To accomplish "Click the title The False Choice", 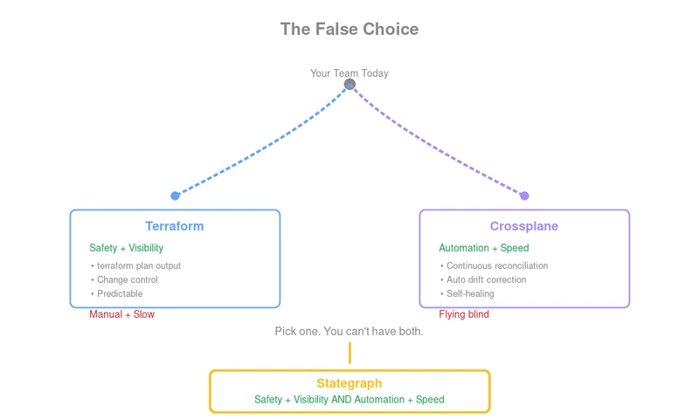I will (x=349, y=29).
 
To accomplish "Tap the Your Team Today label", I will (x=349, y=73).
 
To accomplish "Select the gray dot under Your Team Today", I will (x=349, y=85).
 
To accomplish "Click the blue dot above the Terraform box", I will (x=175, y=196).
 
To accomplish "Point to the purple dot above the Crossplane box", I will (x=524, y=196).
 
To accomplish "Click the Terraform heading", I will (x=175, y=226).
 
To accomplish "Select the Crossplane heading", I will (x=524, y=226).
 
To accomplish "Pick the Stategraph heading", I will (x=349, y=383).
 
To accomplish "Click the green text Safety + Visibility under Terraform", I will (x=126, y=248).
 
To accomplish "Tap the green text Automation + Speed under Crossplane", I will (x=484, y=248).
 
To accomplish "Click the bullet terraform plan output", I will (x=139, y=265).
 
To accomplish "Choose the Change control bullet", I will (x=128, y=279).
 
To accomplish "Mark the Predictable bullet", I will (x=120, y=293).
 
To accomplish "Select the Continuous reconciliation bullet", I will (x=497, y=265).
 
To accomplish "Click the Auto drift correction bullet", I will (x=487, y=279).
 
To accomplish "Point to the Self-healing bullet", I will (x=470, y=293).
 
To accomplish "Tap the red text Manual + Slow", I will (x=121, y=314).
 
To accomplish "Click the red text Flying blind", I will (x=464, y=314).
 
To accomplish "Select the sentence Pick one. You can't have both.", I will (x=349, y=332).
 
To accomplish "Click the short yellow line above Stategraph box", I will (x=349, y=353).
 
